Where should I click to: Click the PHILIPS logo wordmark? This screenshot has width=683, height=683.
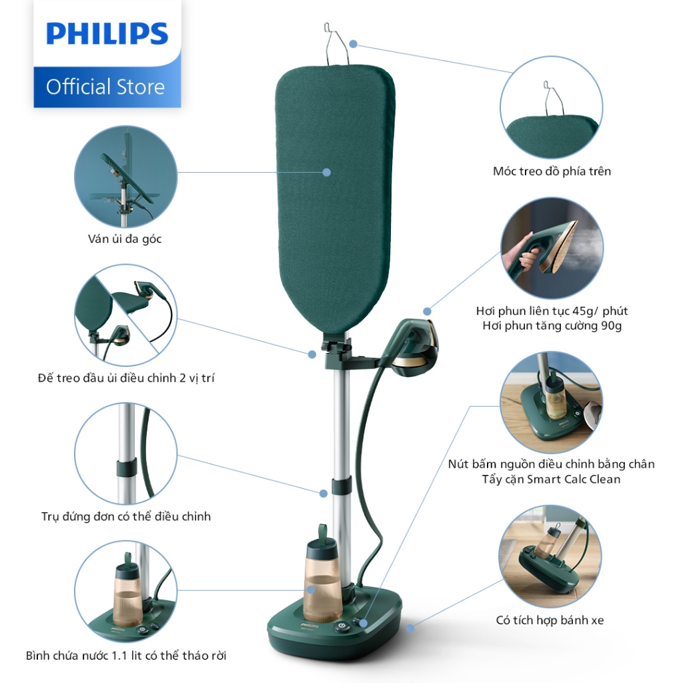click(107, 33)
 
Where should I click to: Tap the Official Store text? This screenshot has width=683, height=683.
click(105, 87)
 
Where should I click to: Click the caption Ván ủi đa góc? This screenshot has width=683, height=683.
click(125, 239)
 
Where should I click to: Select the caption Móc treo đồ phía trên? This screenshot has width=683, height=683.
click(552, 171)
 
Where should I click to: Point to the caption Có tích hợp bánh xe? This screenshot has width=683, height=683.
click(550, 620)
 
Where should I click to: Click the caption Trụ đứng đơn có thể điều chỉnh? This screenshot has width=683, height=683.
click(126, 516)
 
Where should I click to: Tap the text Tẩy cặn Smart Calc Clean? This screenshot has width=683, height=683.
click(551, 479)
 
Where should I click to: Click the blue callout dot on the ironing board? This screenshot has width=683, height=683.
click(326, 173)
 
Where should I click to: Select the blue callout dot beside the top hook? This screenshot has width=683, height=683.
click(354, 44)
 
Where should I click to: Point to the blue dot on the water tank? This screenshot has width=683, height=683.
click(311, 590)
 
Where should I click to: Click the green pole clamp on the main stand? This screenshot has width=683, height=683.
click(341, 486)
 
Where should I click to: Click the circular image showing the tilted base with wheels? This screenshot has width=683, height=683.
click(550, 556)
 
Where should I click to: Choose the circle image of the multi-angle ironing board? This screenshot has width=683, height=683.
click(125, 176)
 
